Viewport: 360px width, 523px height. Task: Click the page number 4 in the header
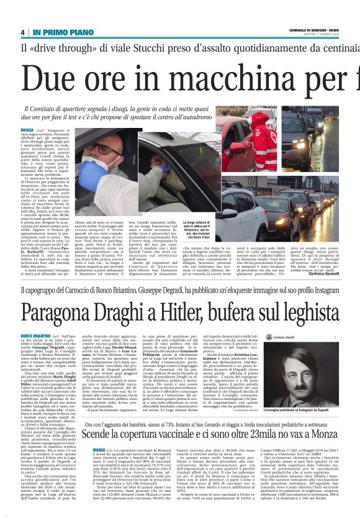pos(22,32)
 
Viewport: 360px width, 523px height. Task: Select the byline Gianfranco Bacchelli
pos(333,274)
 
